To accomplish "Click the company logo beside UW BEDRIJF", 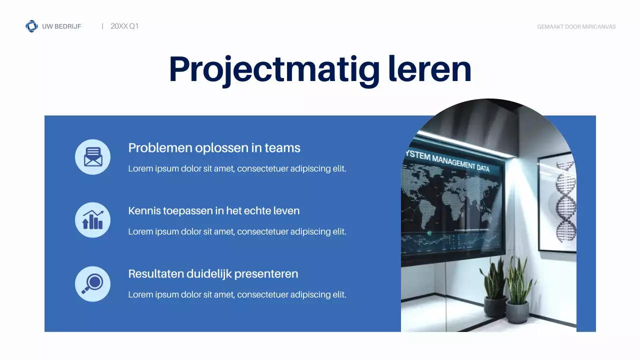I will pyautogui.click(x=31, y=26).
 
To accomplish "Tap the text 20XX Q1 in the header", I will pyautogui.click(x=124, y=26).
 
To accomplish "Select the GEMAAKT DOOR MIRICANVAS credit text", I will pyautogui.click(x=576, y=27).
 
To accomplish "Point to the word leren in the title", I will pyautogui.click(x=429, y=69).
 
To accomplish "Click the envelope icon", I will pyautogui.click(x=92, y=157).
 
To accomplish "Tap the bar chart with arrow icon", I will pyautogui.click(x=92, y=220).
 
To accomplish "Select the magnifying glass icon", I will pyautogui.click(x=92, y=283).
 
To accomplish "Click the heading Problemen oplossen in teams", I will pyautogui.click(x=214, y=148).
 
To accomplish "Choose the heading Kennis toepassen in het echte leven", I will pyautogui.click(x=213, y=211).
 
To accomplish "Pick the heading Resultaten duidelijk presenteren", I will pyautogui.click(x=213, y=274).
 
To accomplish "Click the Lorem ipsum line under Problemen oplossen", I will pyautogui.click(x=237, y=169).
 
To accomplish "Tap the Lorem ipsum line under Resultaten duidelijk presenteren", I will pyautogui.click(x=237, y=295).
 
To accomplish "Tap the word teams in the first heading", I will pyautogui.click(x=282, y=148).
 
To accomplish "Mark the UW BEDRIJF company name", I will pyautogui.click(x=61, y=26).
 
